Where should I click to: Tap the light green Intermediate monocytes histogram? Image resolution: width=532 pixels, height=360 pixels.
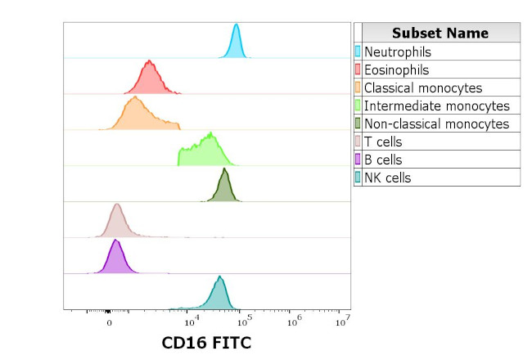tap(205, 152)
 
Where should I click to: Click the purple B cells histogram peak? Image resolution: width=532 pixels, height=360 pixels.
tap(116, 259)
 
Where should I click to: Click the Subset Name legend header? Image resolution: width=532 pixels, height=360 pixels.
tap(440, 33)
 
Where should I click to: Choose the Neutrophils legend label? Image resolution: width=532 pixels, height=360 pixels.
tap(397, 52)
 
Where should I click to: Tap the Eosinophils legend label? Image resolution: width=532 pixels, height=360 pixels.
tap(396, 70)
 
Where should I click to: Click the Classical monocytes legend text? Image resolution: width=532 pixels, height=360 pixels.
tap(423, 88)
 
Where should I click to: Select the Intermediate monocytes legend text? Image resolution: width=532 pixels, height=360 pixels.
tap(436, 106)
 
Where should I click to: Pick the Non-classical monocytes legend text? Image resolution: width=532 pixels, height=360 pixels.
tap(436, 124)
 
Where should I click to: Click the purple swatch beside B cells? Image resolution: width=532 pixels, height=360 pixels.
tap(358, 160)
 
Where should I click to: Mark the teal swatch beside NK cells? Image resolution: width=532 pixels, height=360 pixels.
tap(358, 178)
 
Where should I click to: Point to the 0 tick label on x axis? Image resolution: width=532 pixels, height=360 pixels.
tap(110, 322)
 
